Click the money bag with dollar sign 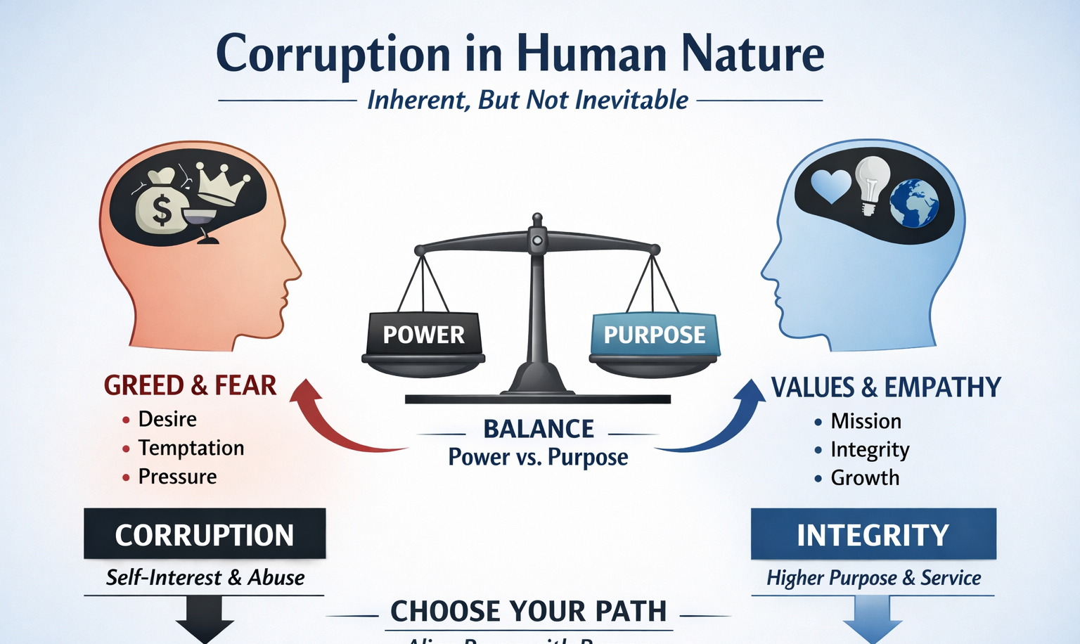161,204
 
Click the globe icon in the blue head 914,202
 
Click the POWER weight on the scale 424,335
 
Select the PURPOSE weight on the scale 654,335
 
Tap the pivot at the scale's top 537,239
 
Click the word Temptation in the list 191,448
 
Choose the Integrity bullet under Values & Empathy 870,449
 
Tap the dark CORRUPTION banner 205,534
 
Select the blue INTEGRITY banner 873,534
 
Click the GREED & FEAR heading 190,385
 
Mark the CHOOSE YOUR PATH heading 528,611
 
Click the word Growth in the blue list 865,478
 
